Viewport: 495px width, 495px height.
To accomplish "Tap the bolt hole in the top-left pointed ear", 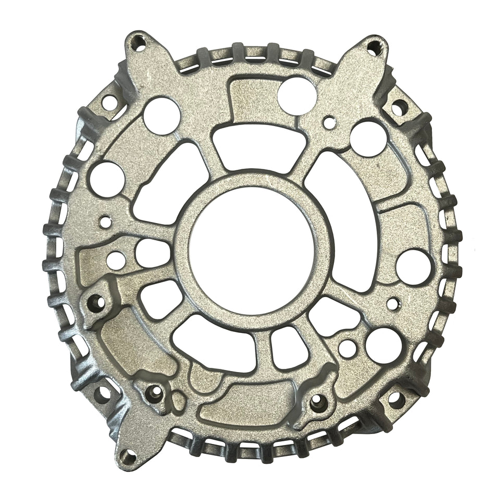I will (x=139, y=44).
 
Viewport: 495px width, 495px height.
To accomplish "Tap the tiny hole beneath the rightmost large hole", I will (x=392, y=301).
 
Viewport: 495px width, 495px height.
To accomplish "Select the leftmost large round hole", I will (x=107, y=177).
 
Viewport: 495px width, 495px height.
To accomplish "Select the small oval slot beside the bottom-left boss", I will (x=178, y=401).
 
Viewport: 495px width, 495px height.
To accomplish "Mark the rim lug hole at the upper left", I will (x=109, y=102).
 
